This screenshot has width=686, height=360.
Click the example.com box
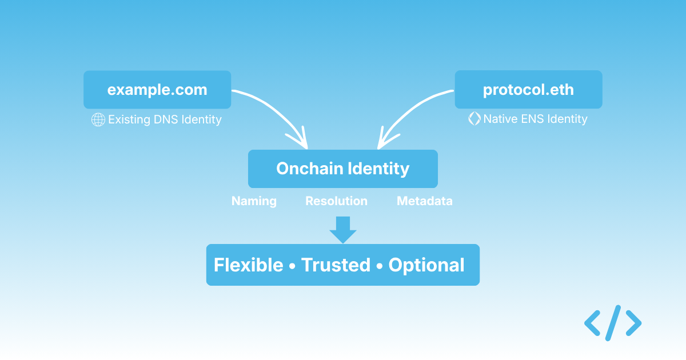click(157, 90)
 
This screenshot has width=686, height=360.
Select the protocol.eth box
click(528, 90)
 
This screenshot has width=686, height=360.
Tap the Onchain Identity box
click(342, 169)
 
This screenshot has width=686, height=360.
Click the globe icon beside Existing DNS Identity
click(98, 119)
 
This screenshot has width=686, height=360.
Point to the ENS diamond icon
click(474, 119)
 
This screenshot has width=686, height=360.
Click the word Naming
click(254, 201)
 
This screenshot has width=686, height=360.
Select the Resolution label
click(336, 201)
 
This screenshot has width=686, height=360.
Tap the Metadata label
click(424, 201)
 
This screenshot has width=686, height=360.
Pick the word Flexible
click(248, 265)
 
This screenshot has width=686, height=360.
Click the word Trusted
click(336, 265)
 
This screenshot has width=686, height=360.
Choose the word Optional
click(426, 265)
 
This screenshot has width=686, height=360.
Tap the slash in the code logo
click(613, 323)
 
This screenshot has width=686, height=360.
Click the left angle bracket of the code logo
click(592, 323)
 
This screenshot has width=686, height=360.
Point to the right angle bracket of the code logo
click(633, 323)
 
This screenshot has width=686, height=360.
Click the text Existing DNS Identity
click(165, 119)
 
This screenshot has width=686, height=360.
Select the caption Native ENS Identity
click(535, 119)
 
